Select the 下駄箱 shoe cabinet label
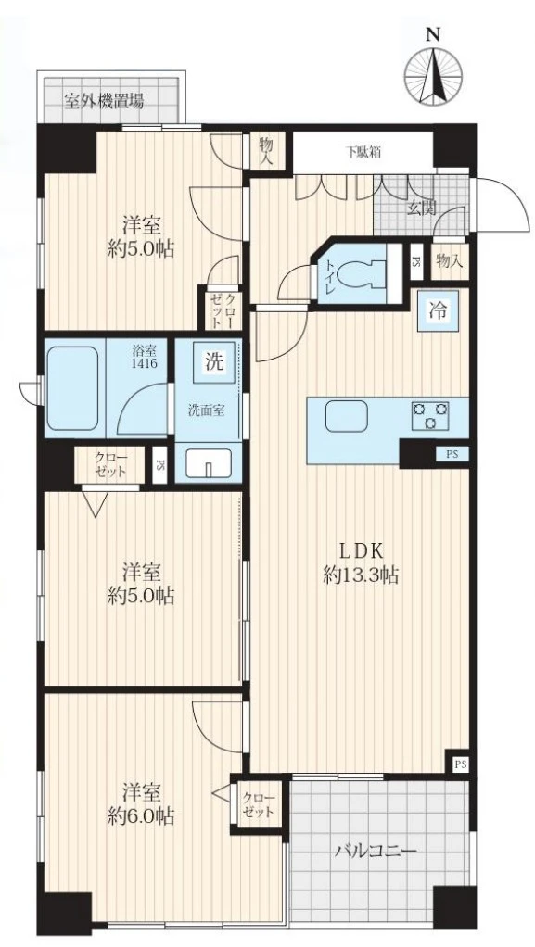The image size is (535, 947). click(363, 152)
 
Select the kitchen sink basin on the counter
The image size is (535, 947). click(346, 416)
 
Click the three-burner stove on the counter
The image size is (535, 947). click(431, 415)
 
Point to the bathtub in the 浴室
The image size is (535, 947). click(72, 387)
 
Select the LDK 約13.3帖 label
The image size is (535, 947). click(361, 562)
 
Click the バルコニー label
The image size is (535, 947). click(376, 852)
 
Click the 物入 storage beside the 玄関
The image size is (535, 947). click(450, 261)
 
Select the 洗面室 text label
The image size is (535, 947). click(206, 410)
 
